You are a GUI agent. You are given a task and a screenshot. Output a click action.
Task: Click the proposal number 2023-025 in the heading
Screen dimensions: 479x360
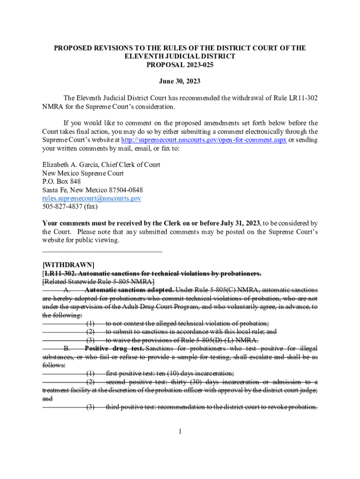pos(193,65)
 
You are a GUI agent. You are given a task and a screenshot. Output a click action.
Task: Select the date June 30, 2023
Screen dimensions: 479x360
pos(180,81)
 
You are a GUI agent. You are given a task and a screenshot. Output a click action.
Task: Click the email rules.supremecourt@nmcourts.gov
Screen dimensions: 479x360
pos(92,199)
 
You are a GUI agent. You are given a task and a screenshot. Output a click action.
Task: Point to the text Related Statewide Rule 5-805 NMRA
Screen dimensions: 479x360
pos(99,282)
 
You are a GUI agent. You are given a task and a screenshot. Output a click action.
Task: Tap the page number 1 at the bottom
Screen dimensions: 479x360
pos(180,431)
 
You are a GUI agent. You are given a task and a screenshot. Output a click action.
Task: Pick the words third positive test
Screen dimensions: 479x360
pos(134,407)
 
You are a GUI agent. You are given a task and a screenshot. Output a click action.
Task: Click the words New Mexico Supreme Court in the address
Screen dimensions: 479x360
pos(83,174)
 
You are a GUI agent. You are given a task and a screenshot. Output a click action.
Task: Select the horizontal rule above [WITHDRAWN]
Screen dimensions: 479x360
pos(102,252)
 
